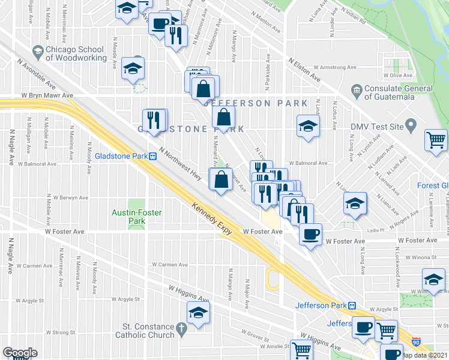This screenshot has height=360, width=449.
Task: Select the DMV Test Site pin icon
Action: point(411,127)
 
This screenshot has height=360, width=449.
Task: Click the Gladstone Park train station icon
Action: point(153,156)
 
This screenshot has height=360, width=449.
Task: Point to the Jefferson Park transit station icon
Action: point(351,305)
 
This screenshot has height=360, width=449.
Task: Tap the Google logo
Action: point(20,353)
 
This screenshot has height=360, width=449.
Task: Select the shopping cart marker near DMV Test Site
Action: point(436,140)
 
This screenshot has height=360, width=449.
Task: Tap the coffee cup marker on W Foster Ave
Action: point(310,233)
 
